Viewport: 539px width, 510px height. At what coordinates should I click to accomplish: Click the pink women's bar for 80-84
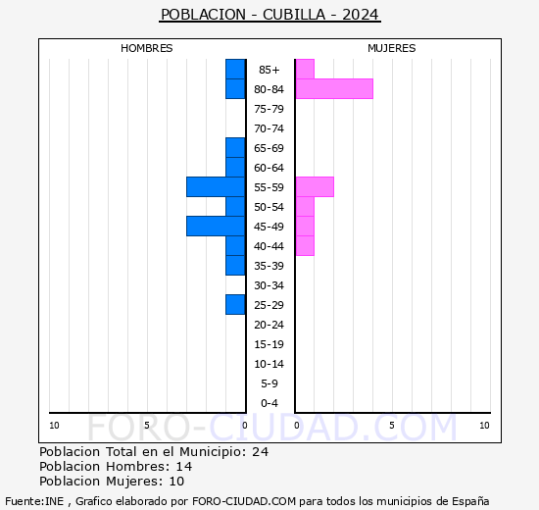333,89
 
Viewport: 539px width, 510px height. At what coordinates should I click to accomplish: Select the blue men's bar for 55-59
216,187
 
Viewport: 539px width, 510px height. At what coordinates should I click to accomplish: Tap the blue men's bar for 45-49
216,227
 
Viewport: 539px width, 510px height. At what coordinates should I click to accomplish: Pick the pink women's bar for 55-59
314,187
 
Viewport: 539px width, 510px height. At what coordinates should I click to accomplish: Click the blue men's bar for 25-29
235,305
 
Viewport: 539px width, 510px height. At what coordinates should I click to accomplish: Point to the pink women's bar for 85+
305,70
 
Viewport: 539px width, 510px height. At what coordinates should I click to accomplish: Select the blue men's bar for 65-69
235,148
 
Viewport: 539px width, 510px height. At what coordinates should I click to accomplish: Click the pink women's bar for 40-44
305,246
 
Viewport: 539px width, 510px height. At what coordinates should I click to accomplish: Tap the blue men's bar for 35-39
235,266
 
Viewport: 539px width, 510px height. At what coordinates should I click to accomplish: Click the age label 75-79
269,109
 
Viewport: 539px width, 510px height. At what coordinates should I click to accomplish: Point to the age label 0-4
269,403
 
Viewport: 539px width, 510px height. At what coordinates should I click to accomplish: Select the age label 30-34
269,285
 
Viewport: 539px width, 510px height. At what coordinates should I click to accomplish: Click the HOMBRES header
147,48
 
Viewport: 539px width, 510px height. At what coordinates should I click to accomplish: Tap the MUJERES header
392,48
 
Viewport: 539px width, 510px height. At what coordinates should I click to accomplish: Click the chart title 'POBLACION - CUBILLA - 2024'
269,15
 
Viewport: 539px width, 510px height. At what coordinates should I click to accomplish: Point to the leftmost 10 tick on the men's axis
54,425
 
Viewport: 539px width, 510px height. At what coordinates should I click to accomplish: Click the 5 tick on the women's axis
391,425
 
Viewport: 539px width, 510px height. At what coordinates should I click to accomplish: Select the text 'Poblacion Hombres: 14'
116,466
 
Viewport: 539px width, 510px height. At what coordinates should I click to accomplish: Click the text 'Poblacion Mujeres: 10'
112,481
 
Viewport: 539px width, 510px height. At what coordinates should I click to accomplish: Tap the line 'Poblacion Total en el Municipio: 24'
154,451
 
